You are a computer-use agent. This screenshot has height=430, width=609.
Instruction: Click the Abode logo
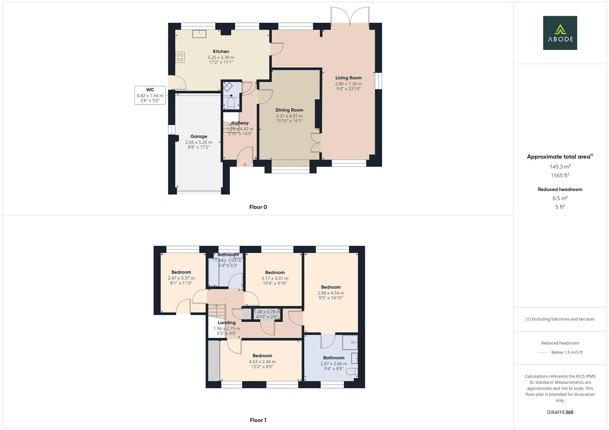tap(560, 33)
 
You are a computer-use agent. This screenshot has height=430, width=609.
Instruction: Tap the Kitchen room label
tap(221, 51)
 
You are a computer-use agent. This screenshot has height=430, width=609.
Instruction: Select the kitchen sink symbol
tap(199, 34)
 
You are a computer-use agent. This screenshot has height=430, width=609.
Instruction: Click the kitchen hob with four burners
tap(180, 57)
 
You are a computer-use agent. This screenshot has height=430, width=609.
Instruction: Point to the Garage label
tap(199, 137)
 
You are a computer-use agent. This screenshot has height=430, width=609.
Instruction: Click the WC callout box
tap(150, 95)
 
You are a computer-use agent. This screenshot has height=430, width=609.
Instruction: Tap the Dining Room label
tap(289, 110)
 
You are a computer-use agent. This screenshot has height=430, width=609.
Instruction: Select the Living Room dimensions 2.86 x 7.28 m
tap(348, 84)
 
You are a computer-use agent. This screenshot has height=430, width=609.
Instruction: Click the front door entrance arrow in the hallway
tap(244, 164)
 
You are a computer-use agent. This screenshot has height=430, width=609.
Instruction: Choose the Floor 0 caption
tap(258, 207)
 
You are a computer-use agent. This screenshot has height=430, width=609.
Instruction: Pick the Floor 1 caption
tap(258, 420)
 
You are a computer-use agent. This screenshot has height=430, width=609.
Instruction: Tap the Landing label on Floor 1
tap(227, 322)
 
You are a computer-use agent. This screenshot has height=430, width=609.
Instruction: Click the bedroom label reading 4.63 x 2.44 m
tap(262, 362)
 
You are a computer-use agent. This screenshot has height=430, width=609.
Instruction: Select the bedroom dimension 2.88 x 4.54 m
tap(331, 293)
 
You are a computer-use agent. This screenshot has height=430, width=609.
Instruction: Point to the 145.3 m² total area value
tap(560, 167)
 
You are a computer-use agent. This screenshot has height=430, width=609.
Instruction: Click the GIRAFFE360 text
tap(560, 412)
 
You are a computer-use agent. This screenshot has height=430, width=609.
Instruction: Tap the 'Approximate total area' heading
tap(560, 156)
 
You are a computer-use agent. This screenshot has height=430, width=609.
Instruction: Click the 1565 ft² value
tap(560, 176)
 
